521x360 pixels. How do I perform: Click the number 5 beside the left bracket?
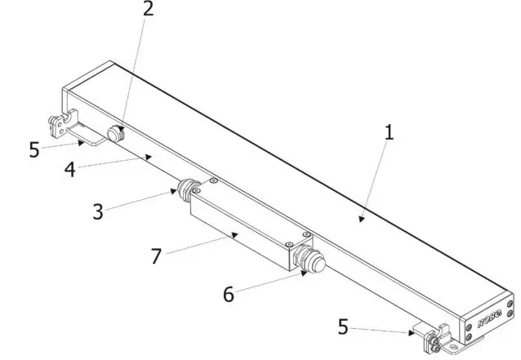pos(33,151)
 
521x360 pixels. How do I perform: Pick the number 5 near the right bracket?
pos(342,327)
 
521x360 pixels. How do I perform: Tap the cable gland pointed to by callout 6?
pos(309,260)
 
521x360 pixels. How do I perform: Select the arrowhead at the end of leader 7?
pos(236,235)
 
